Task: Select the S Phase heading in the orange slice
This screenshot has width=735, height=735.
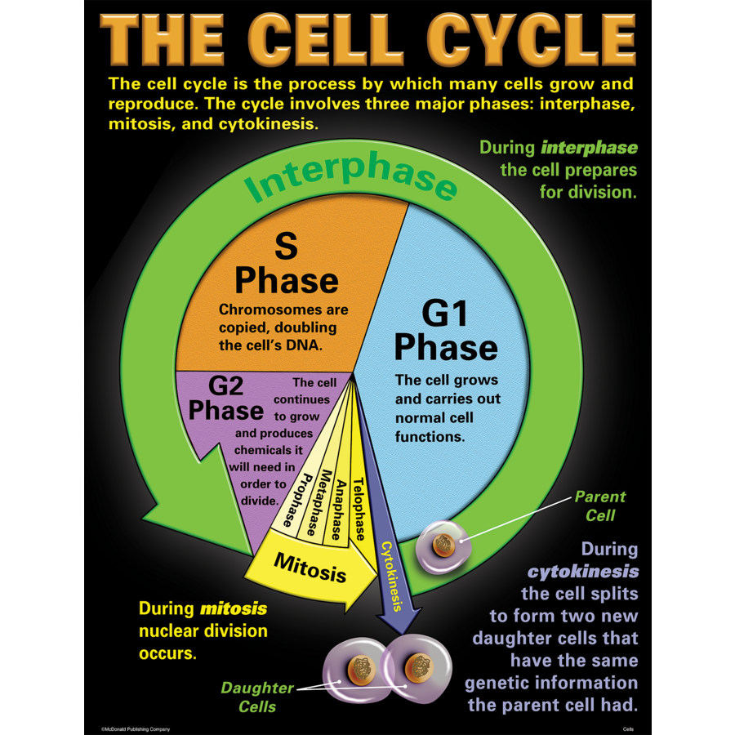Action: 286,263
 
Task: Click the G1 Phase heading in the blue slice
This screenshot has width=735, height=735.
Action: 445,331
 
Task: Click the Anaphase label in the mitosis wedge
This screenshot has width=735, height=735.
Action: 336,509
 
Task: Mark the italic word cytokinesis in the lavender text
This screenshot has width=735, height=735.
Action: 582,571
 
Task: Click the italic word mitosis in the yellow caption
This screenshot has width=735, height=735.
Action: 234,608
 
